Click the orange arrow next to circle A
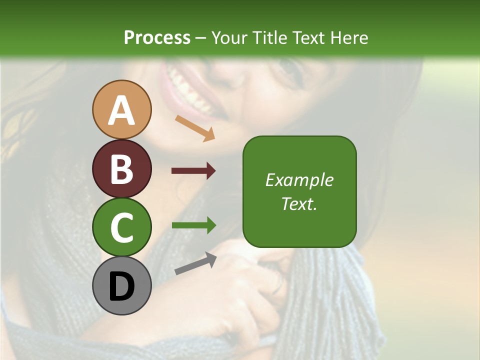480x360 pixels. [195, 127]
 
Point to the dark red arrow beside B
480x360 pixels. [193, 171]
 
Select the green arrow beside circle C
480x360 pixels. [193, 225]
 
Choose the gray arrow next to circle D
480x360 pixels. [195, 263]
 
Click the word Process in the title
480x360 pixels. [157, 37]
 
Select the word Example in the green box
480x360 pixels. [299, 180]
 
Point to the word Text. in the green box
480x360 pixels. [299, 203]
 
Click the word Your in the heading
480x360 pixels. [228, 37]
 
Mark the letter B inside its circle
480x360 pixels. [122, 169]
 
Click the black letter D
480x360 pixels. [122, 287]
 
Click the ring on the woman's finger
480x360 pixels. [278, 285]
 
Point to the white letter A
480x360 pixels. [122, 110]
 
